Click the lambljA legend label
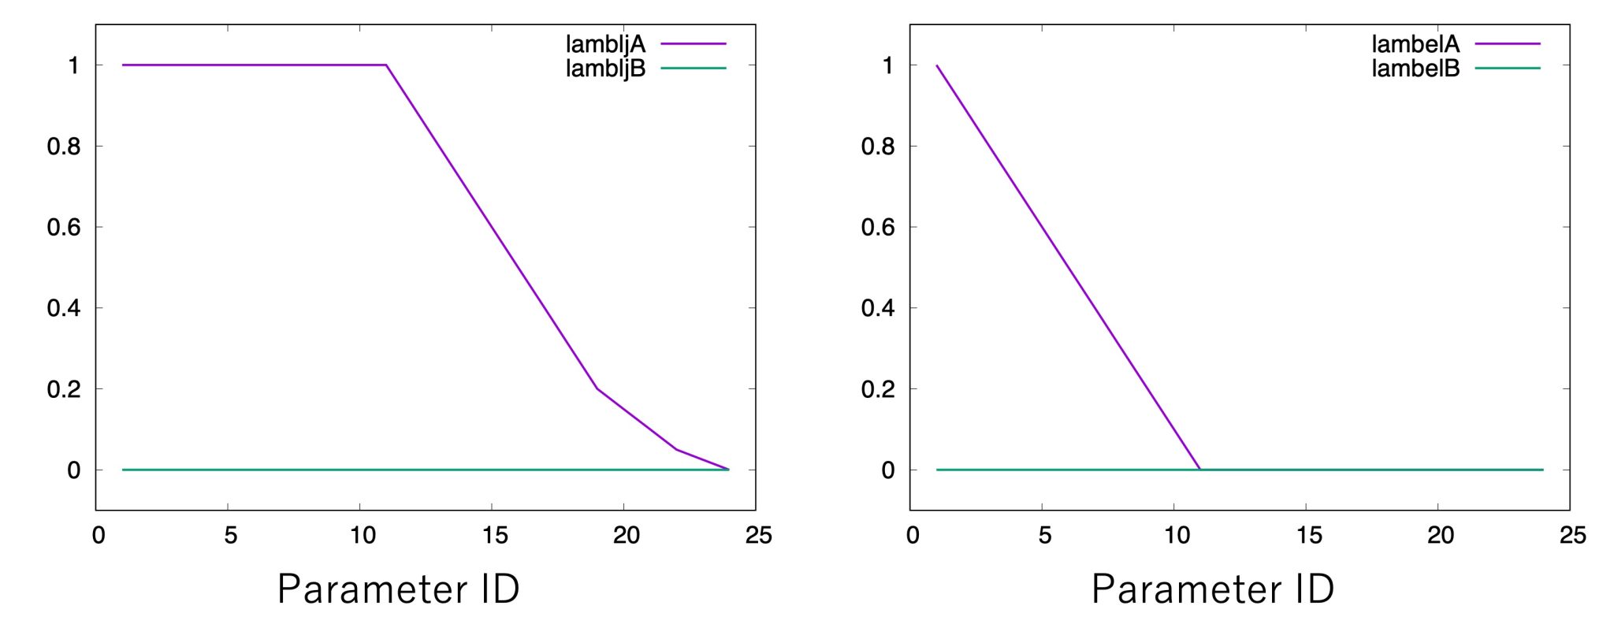(x=605, y=44)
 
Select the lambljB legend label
(x=605, y=69)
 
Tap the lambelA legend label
(x=1415, y=44)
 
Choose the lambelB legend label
(x=1415, y=69)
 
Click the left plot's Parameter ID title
(x=399, y=589)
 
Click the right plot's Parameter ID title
(x=1213, y=589)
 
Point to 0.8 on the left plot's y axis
(x=64, y=147)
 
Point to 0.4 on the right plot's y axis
(x=878, y=308)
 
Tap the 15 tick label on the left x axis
(x=495, y=536)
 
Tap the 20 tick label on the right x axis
(x=1441, y=536)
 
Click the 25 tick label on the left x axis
(x=758, y=536)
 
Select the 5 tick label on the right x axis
(x=1044, y=536)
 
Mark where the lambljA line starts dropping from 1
(x=386, y=65)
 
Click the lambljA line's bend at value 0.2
(x=597, y=388)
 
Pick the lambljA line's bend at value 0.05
(x=676, y=449)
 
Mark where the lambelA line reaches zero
(x=1200, y=470)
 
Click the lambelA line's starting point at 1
(x=937, y=65)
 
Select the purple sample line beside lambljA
(x=693, y=44)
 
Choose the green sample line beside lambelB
(x=1507, y=69)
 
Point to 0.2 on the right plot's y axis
(x=878, y=389)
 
